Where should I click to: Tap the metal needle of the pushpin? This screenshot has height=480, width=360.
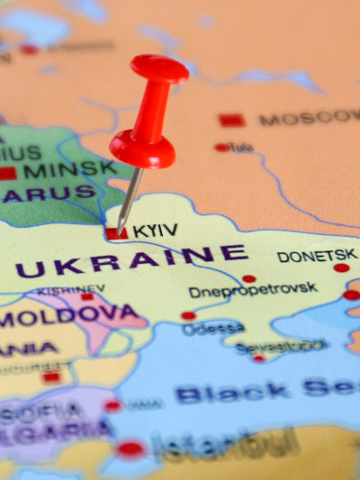pos(130,196)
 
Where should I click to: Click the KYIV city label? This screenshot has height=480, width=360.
pos(155,231)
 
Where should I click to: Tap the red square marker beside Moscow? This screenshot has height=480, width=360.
pos(231,120)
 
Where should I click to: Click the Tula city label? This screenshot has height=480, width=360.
pos(241,147)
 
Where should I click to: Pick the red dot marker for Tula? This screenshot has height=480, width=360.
pos(221,147)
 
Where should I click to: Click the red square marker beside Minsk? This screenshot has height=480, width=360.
pos(8,172)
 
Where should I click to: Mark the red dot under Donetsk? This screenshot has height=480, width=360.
pos(341,267)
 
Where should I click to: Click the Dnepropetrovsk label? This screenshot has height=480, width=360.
pos(253,290)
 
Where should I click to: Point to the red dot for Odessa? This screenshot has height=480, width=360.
pos(188,316)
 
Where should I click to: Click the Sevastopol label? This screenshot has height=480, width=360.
pos(280,346)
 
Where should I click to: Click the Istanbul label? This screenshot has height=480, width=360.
pos(224,445)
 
